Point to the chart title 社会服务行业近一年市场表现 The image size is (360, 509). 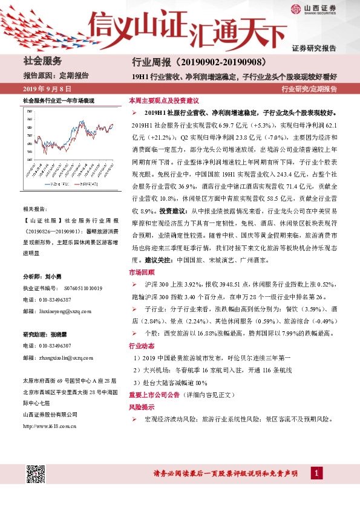(x=58, y=99)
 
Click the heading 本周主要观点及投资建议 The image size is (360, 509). (x=164, y=100)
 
